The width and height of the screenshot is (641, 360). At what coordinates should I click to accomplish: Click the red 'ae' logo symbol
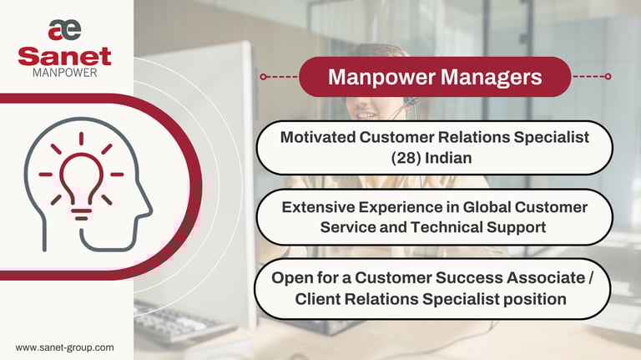coord(65,30)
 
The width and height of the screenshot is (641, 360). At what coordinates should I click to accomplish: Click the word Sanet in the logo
coord(65,57)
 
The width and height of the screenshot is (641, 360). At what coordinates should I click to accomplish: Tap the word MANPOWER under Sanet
coord(65,74)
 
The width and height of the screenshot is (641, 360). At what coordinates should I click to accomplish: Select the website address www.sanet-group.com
coord(65,347)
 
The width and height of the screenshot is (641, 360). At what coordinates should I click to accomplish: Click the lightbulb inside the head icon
coord(81,176)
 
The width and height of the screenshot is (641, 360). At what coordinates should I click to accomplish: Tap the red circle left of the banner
coord(263,76)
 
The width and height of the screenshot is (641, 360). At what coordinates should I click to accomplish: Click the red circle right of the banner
coord(608,76)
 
